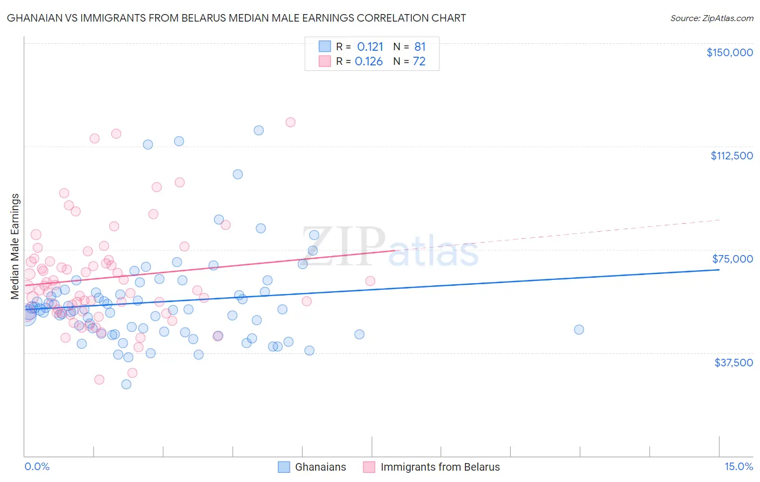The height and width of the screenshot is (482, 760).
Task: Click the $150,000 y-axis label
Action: tap(729, 52)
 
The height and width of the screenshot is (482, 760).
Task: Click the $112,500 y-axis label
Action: tap(731, 156)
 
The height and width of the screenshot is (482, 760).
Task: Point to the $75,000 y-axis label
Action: tap(732, 259)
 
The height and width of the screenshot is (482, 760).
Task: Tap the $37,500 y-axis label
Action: tap(734, 363)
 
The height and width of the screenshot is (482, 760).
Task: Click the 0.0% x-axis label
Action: tap(37, 466)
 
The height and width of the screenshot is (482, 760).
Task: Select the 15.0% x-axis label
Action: tap(738, 466)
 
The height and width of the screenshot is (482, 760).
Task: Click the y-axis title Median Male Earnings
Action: tap(15, 246)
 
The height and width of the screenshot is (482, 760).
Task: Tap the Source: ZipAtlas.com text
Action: tap(711, 18)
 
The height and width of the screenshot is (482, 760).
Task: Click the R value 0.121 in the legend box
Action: tap(370, 46)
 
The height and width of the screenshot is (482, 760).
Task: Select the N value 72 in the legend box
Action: tap(419, 62)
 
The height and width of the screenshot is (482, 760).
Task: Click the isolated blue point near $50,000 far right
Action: tap(579, 330)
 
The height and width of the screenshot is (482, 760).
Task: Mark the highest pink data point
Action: tap(290, 122)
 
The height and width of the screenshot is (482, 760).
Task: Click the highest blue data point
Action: tap(259, 130)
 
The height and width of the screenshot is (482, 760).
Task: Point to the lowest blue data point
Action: tap(126, 384)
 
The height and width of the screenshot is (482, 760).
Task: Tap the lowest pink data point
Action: tap(99, 379)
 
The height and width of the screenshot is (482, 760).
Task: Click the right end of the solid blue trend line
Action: tap(719, 269)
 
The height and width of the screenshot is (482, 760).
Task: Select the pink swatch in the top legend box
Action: tap(324, 61)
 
